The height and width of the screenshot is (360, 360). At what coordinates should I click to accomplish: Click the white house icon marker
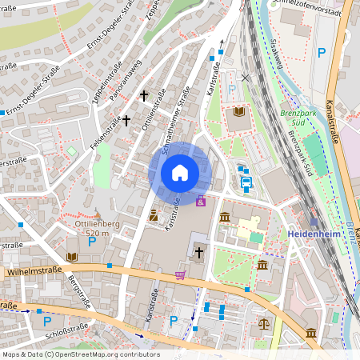[x=180, y=173]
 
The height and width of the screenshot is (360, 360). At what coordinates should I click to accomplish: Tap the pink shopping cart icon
[x=181, y=276]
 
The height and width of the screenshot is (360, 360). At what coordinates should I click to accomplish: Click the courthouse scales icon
[x=265, y=325]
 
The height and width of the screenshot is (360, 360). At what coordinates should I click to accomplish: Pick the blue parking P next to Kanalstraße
[x=322, y=53]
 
